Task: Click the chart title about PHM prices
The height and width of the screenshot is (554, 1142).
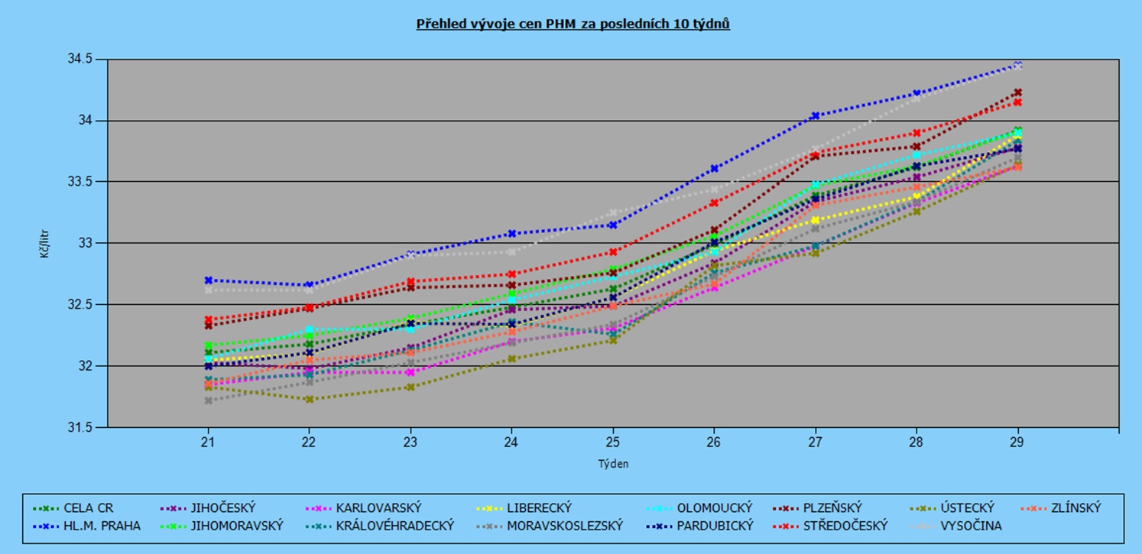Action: (x=573, y=24)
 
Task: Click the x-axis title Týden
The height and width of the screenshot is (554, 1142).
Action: (x=613, y=463)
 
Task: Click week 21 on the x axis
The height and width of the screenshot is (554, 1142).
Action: (x=207, y=442)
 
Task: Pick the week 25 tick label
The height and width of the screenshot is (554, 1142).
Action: (x=613, y=442)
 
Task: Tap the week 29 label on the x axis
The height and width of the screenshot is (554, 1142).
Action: (x=1017, y=442)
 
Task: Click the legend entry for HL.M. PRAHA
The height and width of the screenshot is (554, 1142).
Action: (x=102, y=526)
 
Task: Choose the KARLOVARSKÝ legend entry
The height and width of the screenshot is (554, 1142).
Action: (x=378, y=507)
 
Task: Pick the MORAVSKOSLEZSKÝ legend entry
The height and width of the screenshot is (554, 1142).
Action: (x=564, y=526)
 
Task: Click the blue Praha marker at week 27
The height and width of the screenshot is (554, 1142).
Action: (x=815, y=116)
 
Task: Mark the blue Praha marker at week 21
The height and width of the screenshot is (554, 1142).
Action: (x=207, y=280)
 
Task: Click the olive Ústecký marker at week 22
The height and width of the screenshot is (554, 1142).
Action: (x=309, y=400)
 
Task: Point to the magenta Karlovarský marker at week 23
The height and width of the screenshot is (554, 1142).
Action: (x=410, y=372)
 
